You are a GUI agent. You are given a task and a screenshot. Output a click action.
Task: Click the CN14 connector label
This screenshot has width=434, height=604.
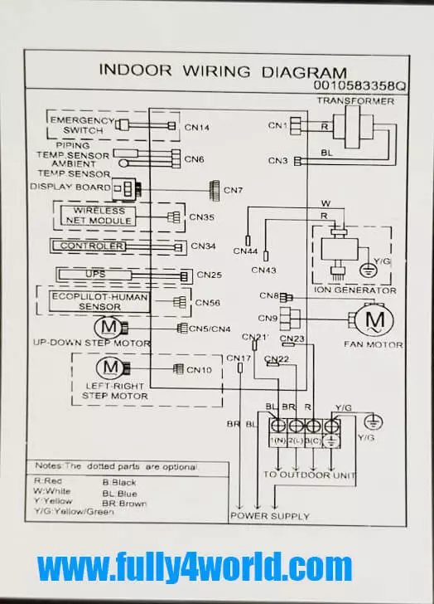[x=197, y=128]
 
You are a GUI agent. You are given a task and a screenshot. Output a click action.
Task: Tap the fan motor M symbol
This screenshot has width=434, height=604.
[x=374, y=319]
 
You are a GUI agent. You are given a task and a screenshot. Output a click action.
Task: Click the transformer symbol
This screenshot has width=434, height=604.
[x=353, y=126]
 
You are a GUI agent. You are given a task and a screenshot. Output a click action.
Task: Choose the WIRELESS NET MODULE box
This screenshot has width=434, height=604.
[x=99, y=216]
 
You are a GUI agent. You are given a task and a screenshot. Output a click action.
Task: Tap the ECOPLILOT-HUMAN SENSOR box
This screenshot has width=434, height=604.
[x=99, y=302]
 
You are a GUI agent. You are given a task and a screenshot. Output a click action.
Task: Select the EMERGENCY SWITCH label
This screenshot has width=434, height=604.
[x=82, y=125]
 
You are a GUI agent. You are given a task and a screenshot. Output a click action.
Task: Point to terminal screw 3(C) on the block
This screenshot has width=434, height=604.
[x=313, y=426]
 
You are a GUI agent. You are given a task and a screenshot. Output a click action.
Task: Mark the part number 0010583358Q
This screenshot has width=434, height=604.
[x=359, y=85]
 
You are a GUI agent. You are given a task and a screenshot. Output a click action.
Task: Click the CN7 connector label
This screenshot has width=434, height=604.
[x=233, y=190]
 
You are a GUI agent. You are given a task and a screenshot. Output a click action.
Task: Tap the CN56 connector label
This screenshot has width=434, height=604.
[x=208, y=303]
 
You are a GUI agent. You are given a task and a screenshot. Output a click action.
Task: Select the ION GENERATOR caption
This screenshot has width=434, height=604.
[x=354, y=290]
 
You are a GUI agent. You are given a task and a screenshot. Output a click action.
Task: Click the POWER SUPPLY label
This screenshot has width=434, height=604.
[x=270, y=516]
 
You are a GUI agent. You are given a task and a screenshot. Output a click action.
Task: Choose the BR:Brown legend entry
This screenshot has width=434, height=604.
[x=124, y=504]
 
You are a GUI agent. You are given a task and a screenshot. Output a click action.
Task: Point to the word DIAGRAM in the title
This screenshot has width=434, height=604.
[x=304, y=72]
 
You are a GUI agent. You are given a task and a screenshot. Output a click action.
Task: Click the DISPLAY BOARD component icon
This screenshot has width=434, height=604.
[x=126, y=189]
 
